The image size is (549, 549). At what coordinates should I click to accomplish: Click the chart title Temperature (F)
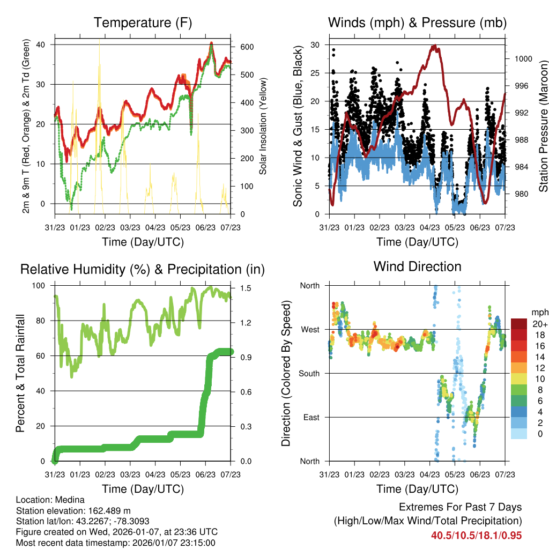(x=143, y=23)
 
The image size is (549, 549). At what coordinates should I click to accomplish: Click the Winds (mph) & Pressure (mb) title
(x=417, y=23)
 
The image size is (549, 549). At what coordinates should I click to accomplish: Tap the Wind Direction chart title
(x=417, y=266)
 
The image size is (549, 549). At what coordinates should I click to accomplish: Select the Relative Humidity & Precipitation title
(x=143, y=269)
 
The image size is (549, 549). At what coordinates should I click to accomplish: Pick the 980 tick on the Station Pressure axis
(x=519, y=194)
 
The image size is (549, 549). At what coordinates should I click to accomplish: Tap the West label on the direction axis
(x=309, y=330)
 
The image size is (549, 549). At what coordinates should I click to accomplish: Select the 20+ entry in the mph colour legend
(x=539, y=324)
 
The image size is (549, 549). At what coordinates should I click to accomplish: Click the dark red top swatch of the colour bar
(x=518, y=324)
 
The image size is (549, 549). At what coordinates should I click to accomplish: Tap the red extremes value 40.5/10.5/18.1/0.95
(x=476, y=535)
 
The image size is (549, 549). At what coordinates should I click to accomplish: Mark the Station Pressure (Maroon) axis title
(x=543, y=127)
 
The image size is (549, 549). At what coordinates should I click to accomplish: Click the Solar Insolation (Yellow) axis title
(x=263, y=127)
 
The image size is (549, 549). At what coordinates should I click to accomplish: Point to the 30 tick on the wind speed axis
(x=316, y=45)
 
